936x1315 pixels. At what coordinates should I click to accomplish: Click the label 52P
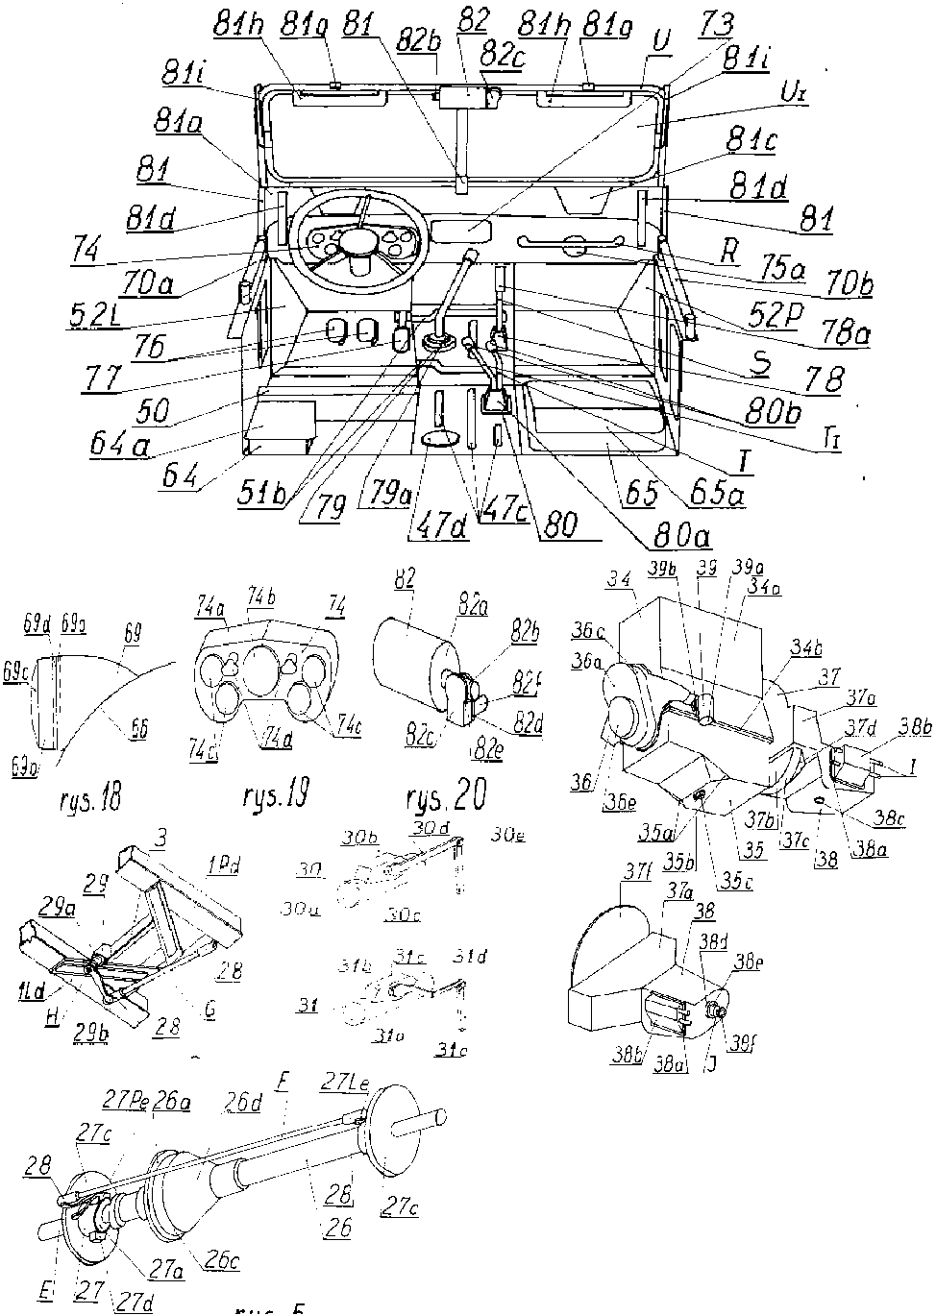[x=773, y=316]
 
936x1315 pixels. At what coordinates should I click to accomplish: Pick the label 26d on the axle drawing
[x=243, y=1102]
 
